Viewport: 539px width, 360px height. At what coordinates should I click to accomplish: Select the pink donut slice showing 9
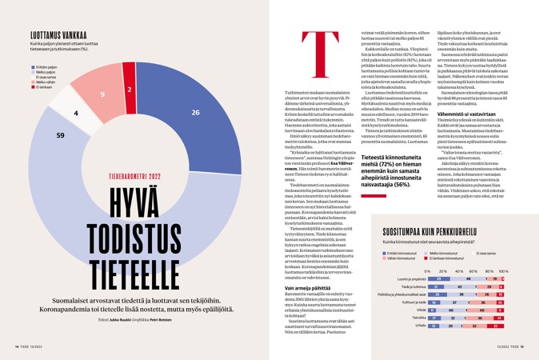102,96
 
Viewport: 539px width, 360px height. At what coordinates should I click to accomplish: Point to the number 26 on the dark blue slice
195,112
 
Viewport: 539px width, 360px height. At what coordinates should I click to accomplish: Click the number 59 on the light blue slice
60,136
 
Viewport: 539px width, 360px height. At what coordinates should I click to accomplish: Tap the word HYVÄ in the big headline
132,194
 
